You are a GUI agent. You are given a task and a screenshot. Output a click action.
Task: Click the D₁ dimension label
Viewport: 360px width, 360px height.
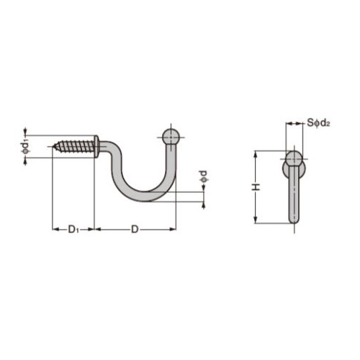[73, 229]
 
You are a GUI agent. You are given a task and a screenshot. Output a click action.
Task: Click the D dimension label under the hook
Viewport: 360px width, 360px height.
[135, 230]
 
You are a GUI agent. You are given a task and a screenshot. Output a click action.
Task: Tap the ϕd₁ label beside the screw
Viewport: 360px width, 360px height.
[26, 147]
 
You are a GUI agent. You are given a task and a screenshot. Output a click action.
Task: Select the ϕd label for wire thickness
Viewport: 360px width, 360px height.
[204, 176]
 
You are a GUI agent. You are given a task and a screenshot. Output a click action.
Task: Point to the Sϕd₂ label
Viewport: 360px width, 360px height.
[318, 123]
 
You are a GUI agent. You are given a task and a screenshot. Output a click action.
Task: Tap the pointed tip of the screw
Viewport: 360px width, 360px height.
[53, 146]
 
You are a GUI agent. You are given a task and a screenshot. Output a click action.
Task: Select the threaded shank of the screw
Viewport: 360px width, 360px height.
[74, 146]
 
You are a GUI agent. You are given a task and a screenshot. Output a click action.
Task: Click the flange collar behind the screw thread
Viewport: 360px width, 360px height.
[96, 146]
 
